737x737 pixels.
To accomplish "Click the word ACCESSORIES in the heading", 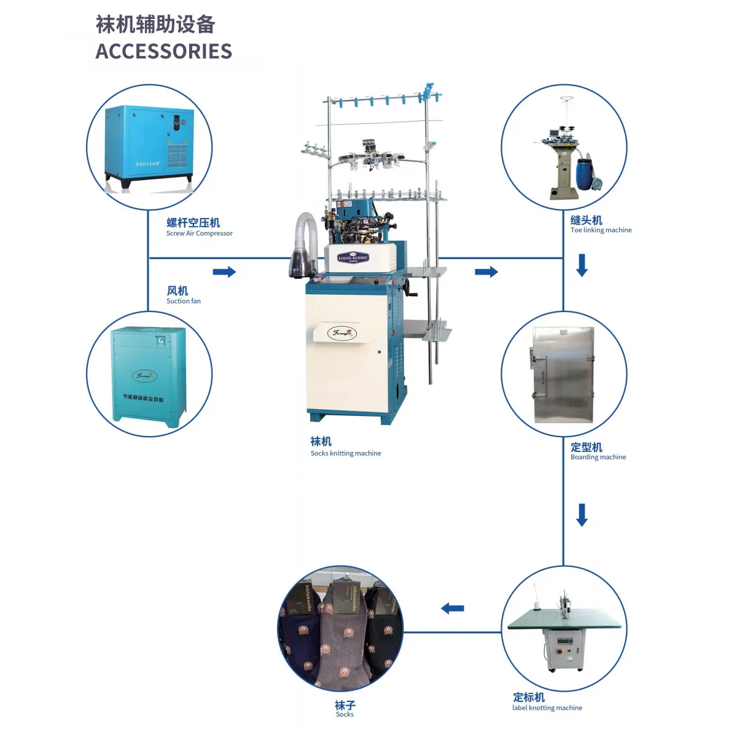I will (164, 51).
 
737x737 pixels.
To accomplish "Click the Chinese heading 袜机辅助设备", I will (155, 25).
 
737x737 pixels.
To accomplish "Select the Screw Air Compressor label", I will (199, 233).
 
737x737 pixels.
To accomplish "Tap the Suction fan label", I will (183, 301).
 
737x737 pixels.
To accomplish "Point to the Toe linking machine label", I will (601, 230).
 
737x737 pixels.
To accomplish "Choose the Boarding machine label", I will (598, 457).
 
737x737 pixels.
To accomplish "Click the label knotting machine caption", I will (547, 708).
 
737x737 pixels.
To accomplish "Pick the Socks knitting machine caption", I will (345, 453).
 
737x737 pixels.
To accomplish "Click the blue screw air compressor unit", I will (149, 144).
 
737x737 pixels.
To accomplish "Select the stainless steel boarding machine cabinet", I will (563, 375).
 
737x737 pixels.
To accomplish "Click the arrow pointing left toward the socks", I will (453, 609).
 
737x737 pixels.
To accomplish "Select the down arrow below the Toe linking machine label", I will (582, 265).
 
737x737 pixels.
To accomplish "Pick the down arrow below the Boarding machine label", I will (582, 515).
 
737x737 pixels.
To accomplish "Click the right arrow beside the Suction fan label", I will (224, 271).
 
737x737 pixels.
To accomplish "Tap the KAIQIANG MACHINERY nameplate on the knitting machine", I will (353, 259).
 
